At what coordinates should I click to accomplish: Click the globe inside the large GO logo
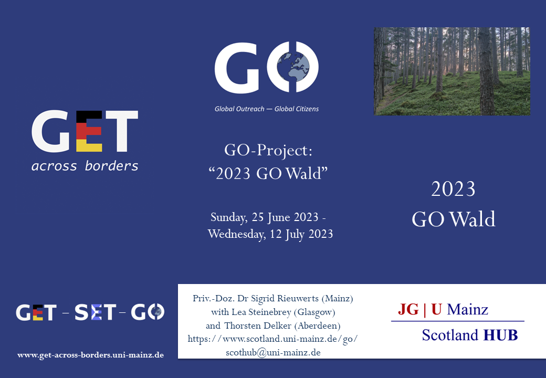coord(293,67)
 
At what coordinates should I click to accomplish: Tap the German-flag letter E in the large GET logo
coord(89,131)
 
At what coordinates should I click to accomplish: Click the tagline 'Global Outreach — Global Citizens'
coord(266,109)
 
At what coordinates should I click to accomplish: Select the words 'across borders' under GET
coord(85,166)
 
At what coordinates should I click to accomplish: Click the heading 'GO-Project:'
coord(268,150)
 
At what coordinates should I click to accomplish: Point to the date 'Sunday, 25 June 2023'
coord(264,217)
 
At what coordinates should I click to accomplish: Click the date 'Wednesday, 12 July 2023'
coord(270,234)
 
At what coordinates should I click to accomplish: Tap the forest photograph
coord(452,71)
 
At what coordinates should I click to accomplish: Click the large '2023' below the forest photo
coord(453,189)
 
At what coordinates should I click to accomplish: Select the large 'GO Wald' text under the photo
coord(454,219)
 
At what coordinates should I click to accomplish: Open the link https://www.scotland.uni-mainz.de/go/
coord(272,339)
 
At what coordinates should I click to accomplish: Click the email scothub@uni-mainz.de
coord(273,352)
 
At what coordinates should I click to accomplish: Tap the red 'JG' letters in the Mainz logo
coord(408,309)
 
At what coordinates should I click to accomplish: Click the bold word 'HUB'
coord(501,335)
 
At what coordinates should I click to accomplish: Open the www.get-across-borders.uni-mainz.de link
coord(90,355)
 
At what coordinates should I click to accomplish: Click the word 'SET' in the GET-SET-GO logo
coord(95,312)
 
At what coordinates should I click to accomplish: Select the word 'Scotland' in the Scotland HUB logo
coord(450,335)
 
